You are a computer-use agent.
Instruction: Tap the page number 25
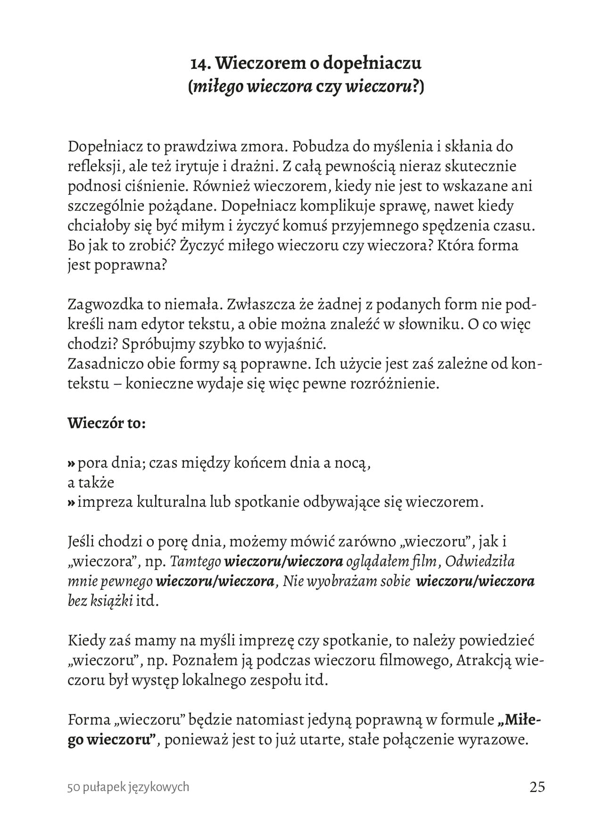tap(537, 787)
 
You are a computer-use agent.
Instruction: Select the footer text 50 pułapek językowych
tap(128, 787)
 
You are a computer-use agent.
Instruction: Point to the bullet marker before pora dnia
tap(71, 463)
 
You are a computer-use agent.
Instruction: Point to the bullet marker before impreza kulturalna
tap(71, 502)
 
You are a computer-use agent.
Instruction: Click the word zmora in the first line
tap(262, 147)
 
